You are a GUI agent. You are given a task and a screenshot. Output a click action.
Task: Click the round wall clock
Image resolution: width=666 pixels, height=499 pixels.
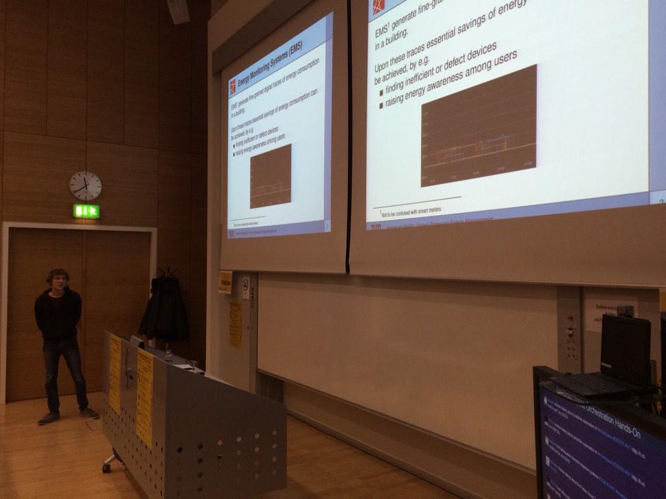[85, 186]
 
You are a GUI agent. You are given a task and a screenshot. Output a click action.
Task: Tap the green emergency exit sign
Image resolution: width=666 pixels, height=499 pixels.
[87, 211]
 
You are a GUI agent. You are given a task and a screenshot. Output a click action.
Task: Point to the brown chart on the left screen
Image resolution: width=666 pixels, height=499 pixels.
[271, 176]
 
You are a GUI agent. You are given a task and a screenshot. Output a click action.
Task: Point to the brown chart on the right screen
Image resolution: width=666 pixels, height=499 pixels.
[479, 126]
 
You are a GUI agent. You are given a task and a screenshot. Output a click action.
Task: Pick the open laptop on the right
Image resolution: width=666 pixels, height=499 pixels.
[618, 357]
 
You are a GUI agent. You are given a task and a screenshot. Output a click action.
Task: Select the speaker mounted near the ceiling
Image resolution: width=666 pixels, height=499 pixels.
[178, 11]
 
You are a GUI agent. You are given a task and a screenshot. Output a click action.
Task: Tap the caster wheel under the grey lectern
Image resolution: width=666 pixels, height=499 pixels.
[106, 467]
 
